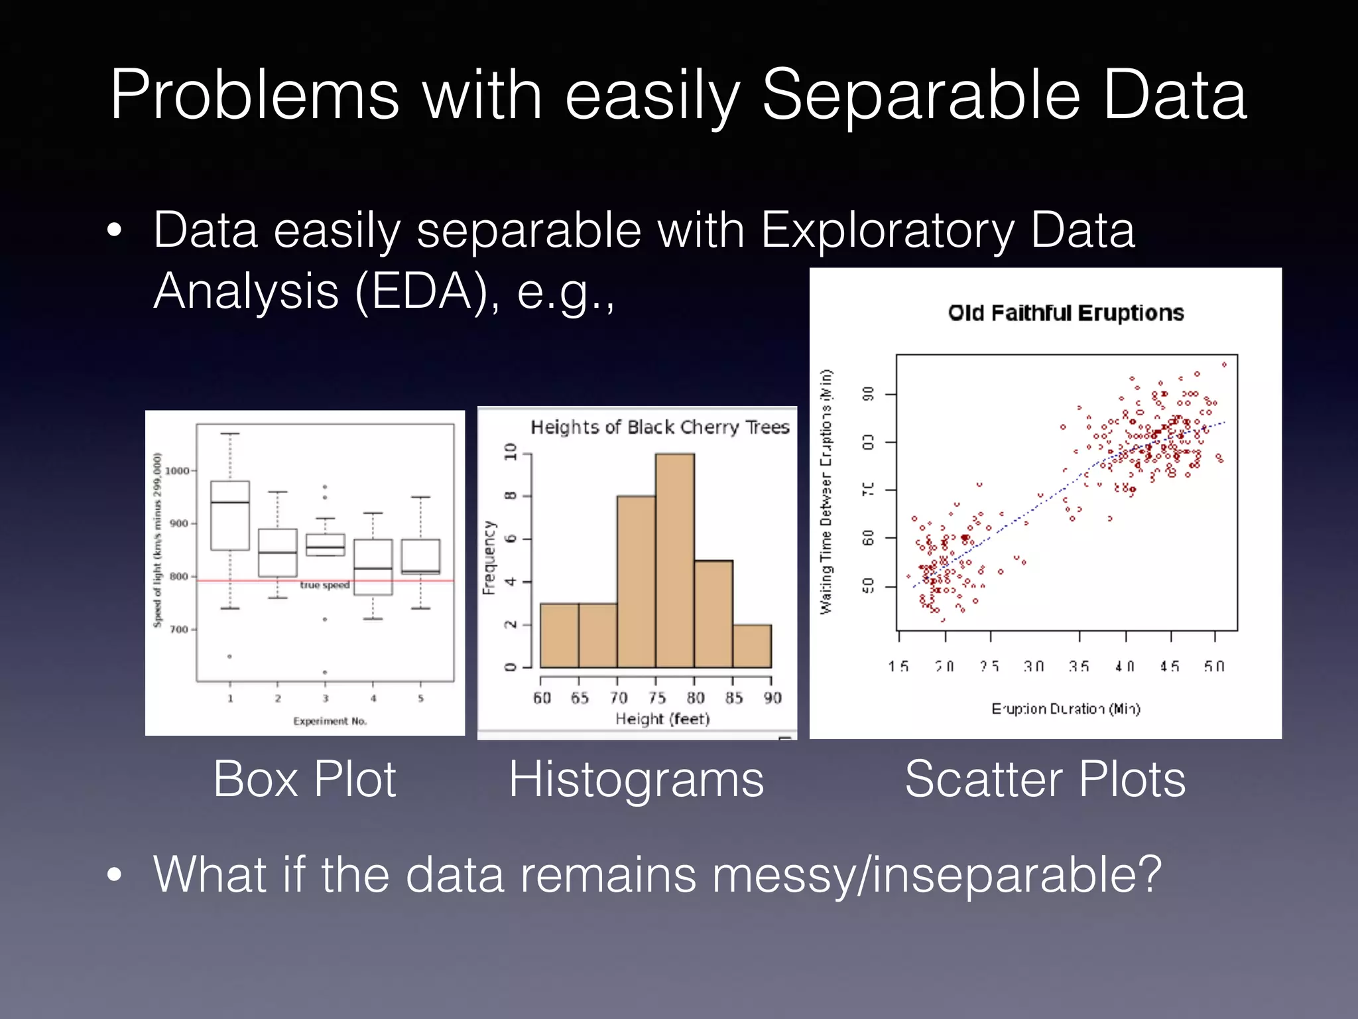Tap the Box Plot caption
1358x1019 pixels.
[304, 779]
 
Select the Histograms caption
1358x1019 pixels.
[636, 779]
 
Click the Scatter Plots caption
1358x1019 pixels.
[1045, 779]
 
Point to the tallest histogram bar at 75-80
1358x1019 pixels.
[675, 561]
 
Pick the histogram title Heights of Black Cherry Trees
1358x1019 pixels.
[660, 427]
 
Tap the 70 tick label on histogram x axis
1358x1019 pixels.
[619, 698]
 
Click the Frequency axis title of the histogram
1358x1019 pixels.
[489, 557]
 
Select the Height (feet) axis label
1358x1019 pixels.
[662, 719]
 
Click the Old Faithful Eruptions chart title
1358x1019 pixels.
[1066, 312]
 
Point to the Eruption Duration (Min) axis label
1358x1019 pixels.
[1066, 709]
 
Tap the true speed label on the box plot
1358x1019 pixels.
[324, 585]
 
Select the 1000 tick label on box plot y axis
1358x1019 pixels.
[177, 470]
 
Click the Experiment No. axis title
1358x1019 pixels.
[330, 721]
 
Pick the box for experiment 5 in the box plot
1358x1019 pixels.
[420, 556]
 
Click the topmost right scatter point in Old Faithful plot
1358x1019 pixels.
[1224, 364]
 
